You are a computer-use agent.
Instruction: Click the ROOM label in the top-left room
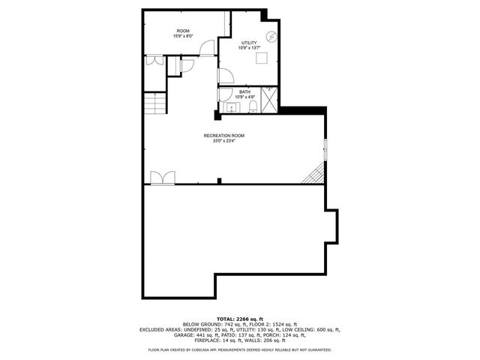pos(183,31)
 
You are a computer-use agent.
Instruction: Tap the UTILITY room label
pos(249,43)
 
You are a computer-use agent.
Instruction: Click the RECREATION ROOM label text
pos(223,136)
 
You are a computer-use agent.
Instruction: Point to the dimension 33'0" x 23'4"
pos(223,141)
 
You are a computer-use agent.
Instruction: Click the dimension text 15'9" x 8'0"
pos(183,36)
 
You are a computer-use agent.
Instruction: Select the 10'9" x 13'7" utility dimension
pos(249,48)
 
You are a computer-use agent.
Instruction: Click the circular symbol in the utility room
pos(273,36)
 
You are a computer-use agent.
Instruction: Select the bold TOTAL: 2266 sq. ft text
pos(240,319)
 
